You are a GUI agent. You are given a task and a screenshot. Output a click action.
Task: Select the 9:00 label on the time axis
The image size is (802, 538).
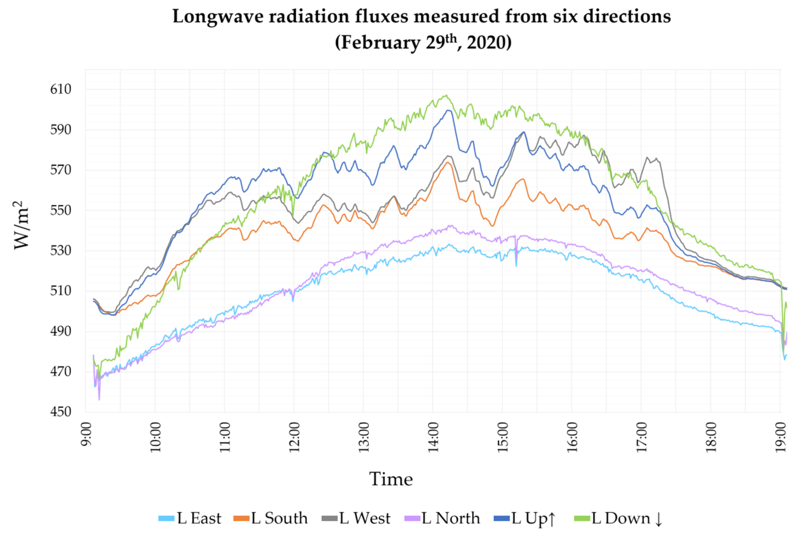click(86, 434)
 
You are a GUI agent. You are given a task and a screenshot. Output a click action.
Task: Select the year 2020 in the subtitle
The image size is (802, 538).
click(489, 43)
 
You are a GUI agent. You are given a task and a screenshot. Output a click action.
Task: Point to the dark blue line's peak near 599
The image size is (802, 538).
click(448, 110)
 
